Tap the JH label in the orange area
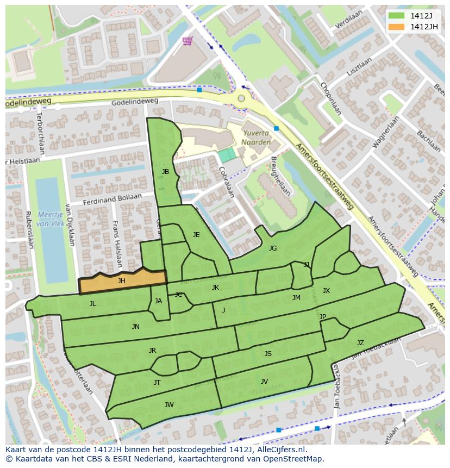[x=122, y=281]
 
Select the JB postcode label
[x=165, y=172]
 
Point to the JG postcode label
[x=273, y=248]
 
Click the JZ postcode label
[x=360, y=343]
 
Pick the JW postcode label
[x=169, y=404]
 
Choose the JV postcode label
[x=264, y=381]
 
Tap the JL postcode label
[x=93, y=304]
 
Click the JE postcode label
[x=196, y=235]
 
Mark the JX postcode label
[x=326, y=291]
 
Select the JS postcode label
[x=268, y=354]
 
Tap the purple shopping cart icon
[x=187, y=41]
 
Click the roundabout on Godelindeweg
[x=241, y=98]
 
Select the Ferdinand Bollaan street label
[x=112, y=199]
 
